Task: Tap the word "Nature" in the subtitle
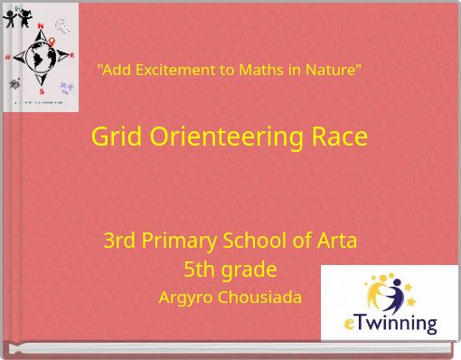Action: pyautogui.click(x=330, y=70)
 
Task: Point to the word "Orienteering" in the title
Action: pyautogui.click(x=226, y=137)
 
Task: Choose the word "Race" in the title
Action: pyautogui.click(x=339, y=137)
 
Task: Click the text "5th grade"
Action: pyautogui.click(x=230, y=270)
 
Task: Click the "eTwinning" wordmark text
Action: pyautogui.click(x=390, y=323)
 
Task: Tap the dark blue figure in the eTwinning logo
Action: pyautogui.click(x=395, y=294)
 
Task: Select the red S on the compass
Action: pyautogui.click(x=41, y=92)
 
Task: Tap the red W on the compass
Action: pyautogui.click(x=8, y=53)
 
